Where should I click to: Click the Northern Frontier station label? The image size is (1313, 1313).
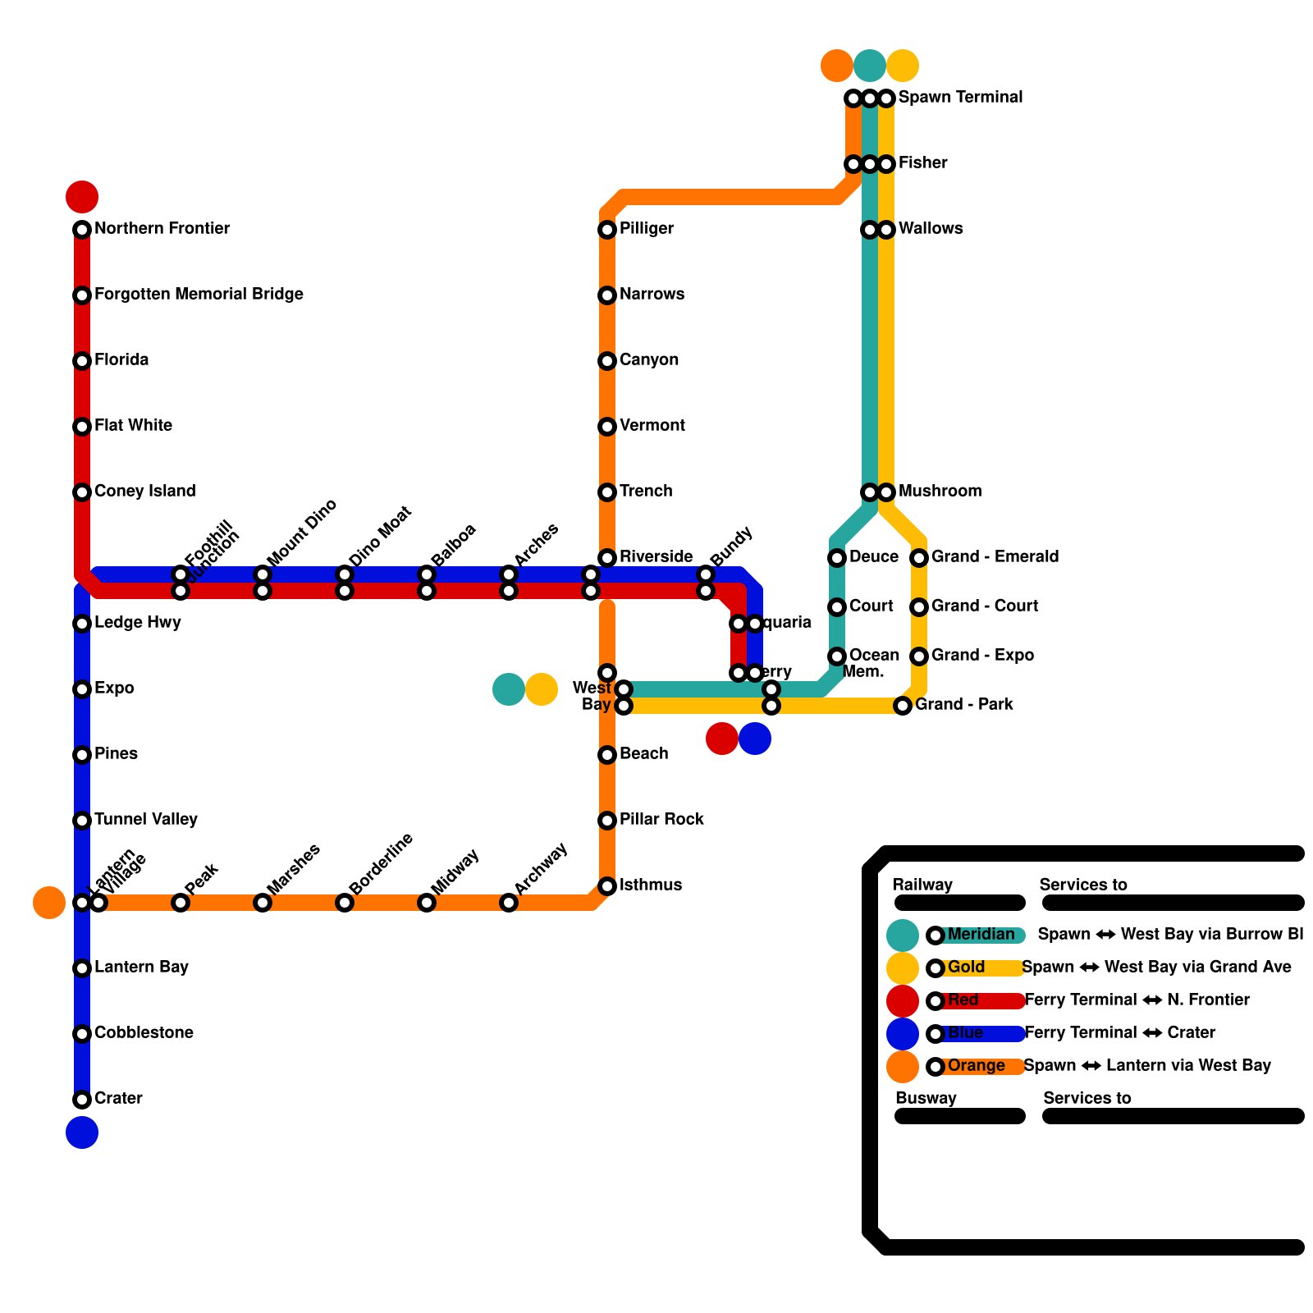162,228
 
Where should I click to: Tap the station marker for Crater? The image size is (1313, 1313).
82,1100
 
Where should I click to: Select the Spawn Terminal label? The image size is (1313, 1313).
960,97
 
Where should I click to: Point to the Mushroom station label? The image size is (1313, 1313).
940,491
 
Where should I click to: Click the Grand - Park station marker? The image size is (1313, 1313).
903,706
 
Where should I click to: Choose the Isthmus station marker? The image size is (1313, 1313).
607,886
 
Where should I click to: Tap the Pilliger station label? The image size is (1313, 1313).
647,228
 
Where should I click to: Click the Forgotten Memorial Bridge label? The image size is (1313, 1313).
199,294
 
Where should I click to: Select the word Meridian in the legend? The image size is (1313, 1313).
981,934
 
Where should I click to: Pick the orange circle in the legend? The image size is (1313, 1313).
903,1067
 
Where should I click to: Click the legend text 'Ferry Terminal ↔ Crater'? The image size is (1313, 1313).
1119,1032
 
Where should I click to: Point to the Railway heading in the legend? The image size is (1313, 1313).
922,885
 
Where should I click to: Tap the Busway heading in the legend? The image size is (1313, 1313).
926,1098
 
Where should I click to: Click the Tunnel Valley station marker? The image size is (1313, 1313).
82,821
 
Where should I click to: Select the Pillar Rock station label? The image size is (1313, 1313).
661,819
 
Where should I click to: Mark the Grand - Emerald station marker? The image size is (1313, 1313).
919,558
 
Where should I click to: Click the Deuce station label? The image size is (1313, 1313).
873,556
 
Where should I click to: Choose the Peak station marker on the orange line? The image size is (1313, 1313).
181,903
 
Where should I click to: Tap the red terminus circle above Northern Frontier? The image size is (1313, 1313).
82,197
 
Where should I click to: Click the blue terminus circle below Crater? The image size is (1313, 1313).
82,1132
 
